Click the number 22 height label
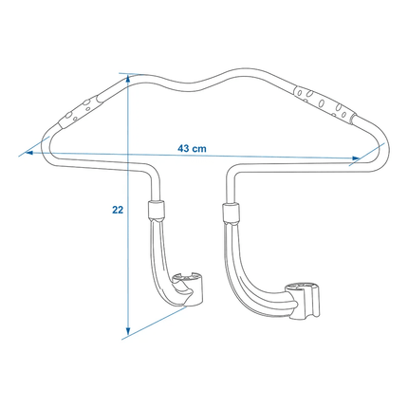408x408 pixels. pyautogui.click(x=118, y=212)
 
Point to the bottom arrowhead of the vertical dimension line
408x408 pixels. pyautogui.click(x=127, y=333)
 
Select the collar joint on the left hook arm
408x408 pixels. pyautogui.click(x=157, y=211)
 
